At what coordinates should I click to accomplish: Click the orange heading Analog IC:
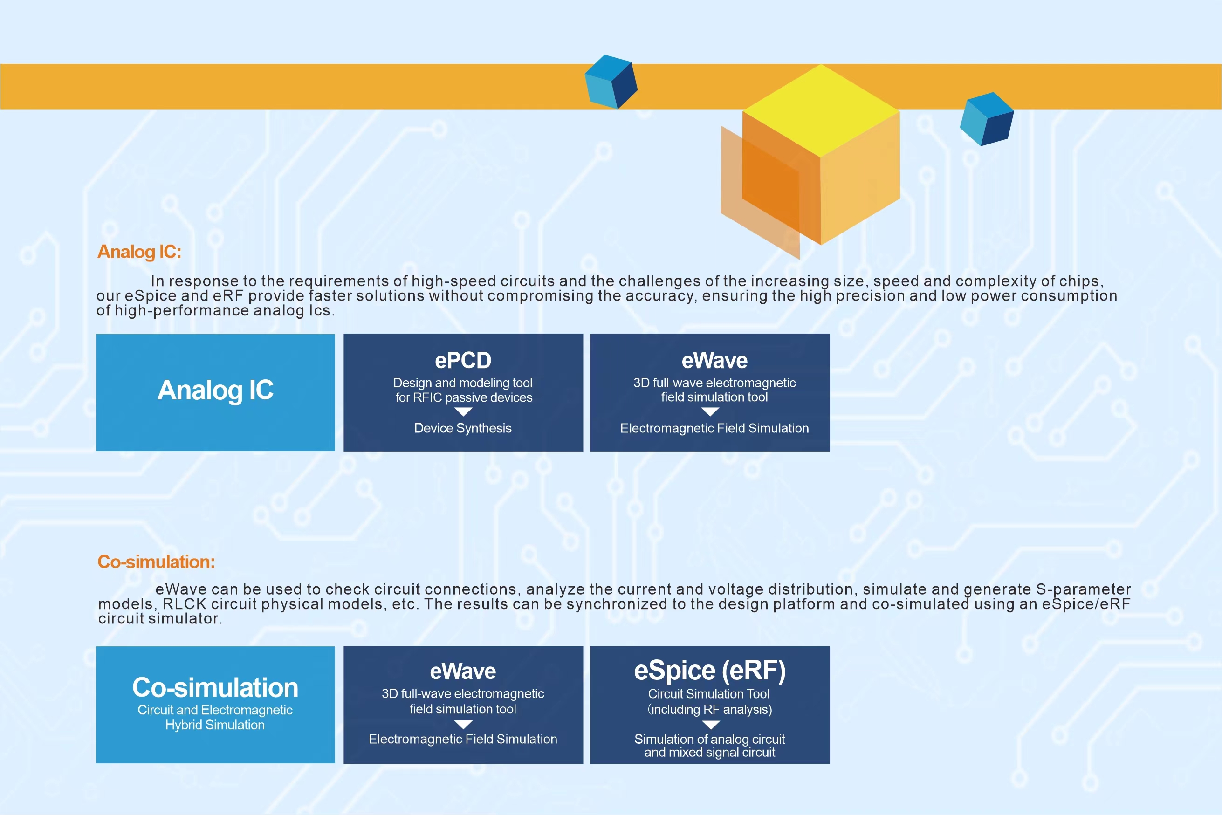pyautogui.click(x=139, y=252)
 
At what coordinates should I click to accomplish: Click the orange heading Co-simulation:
pyautogui.click(x=156, y=562)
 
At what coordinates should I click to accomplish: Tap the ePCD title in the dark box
pyautogui.click(x=463, y=360)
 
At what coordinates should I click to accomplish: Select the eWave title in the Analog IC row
pyautogui.click(x=714, y=360)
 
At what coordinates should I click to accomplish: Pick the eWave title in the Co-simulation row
pyautogui.click(x=463, y=671)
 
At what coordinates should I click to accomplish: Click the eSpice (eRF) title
pyautogui.click(x=709, y=671)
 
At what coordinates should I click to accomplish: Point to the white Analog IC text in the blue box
pyautogui.click(x=215, y=390)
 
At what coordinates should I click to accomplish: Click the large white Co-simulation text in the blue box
pyautogui.click(x=215, y=688)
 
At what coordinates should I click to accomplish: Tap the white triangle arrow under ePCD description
pyautogui.click(x=463, y=411)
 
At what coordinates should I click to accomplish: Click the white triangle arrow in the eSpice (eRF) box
pyautogui.click(x=711, y=725)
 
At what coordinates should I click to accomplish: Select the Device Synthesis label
pyautogui.click(x=463, y=428)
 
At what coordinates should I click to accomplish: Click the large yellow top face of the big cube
pyautogui.click(x=821, y=110)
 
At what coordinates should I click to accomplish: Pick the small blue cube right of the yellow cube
pyautogui.click(x=987, y=119)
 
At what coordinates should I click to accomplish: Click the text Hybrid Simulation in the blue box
pyautogui.click(x=215, y=725)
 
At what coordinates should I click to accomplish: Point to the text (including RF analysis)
pyautogui.click(x=709, y=710)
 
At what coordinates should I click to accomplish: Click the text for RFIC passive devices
pyautogui.click(x=464, y=397)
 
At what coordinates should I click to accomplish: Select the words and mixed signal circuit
pyautogui.click(x=709, y=753)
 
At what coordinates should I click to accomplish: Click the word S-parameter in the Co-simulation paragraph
pyautogui.click(x=1083, y=589)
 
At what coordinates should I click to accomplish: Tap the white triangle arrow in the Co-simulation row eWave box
pyautogui.click(x=463, y=725)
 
